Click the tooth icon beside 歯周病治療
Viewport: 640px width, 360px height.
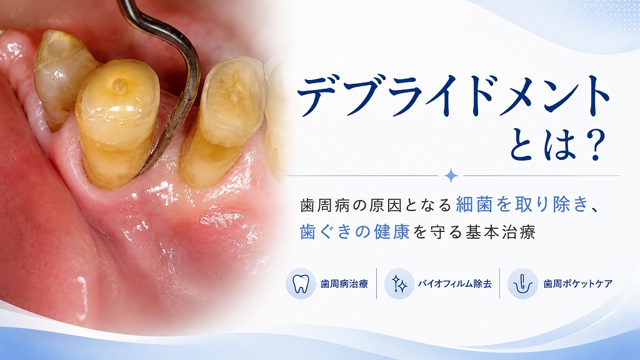coord(301,284)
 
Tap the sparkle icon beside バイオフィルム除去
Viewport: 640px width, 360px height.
coord(399,284)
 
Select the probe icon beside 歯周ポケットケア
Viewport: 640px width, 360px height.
coord(522,284)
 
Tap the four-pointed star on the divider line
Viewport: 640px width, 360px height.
coord(451,176)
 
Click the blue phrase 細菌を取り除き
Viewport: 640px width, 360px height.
coord(522,204)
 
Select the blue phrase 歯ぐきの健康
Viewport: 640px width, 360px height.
coord(355,231)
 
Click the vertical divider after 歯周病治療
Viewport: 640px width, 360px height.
coord(376,284)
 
